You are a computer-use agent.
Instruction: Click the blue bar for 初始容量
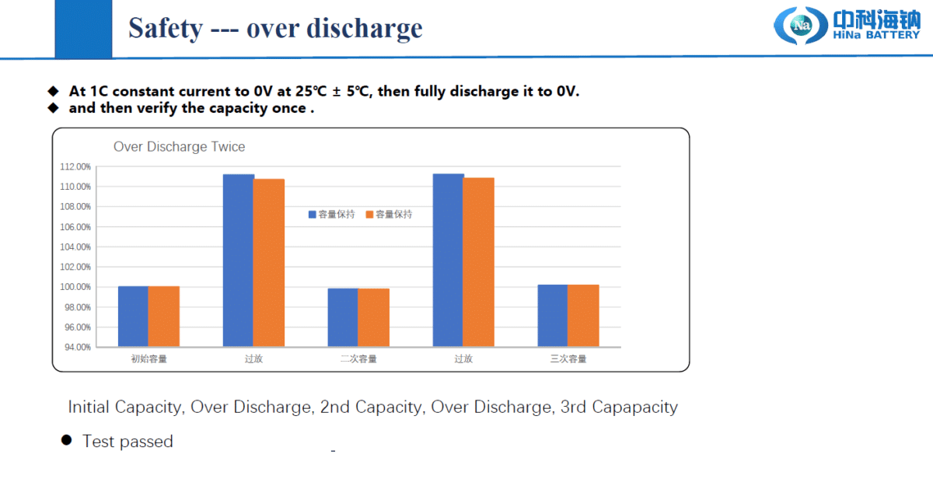pos(133,316)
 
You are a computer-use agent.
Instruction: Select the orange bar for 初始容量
pos(164,316)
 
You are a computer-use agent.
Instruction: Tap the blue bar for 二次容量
pos(343,317)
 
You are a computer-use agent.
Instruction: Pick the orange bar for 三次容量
pos(583,316)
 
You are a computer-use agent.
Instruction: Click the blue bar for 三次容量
pos(552,316)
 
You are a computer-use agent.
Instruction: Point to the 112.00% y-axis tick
pos(75,166)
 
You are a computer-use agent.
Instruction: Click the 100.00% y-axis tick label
pos(75,287)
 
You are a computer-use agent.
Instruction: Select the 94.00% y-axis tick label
pos(76,347)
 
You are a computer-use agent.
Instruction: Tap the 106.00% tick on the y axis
pos(75,227)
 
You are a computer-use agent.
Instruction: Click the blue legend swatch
pos(313,215)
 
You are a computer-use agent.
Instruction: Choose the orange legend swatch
pos(370,215)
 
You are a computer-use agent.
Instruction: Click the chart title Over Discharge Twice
pos(179,147)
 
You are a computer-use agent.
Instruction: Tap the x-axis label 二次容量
pos(358,359)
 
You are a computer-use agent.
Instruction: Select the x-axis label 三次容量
pos(568,359)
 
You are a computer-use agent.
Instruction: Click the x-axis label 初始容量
pos(149,359)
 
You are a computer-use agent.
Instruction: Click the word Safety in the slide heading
pos(165,29)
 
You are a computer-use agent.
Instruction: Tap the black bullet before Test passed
pos(67,441)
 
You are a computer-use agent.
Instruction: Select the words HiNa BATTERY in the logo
pos(876,34)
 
